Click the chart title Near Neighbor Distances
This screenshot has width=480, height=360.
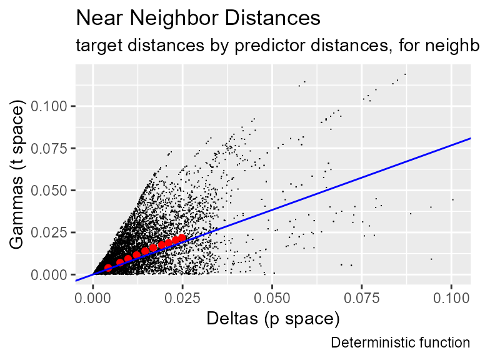point(198,18)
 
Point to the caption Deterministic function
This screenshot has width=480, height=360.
point(400,342)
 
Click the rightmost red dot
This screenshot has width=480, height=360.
point(182,238)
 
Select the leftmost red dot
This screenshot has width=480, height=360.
point(107,268)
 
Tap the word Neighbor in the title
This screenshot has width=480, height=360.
point(177,18)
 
